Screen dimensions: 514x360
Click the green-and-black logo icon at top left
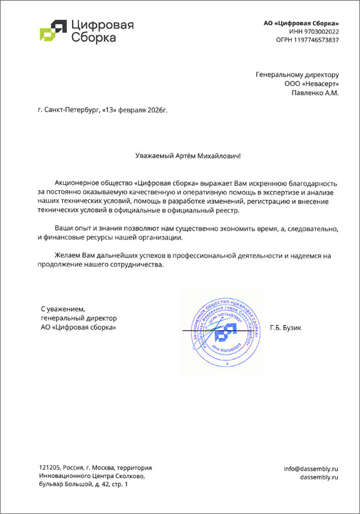[x=52, y=30]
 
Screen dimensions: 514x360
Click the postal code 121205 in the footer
[x=49, y=468]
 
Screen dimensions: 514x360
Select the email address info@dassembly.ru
[x=310, y=469]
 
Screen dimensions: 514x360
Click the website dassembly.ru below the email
[x=319, y=477]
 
